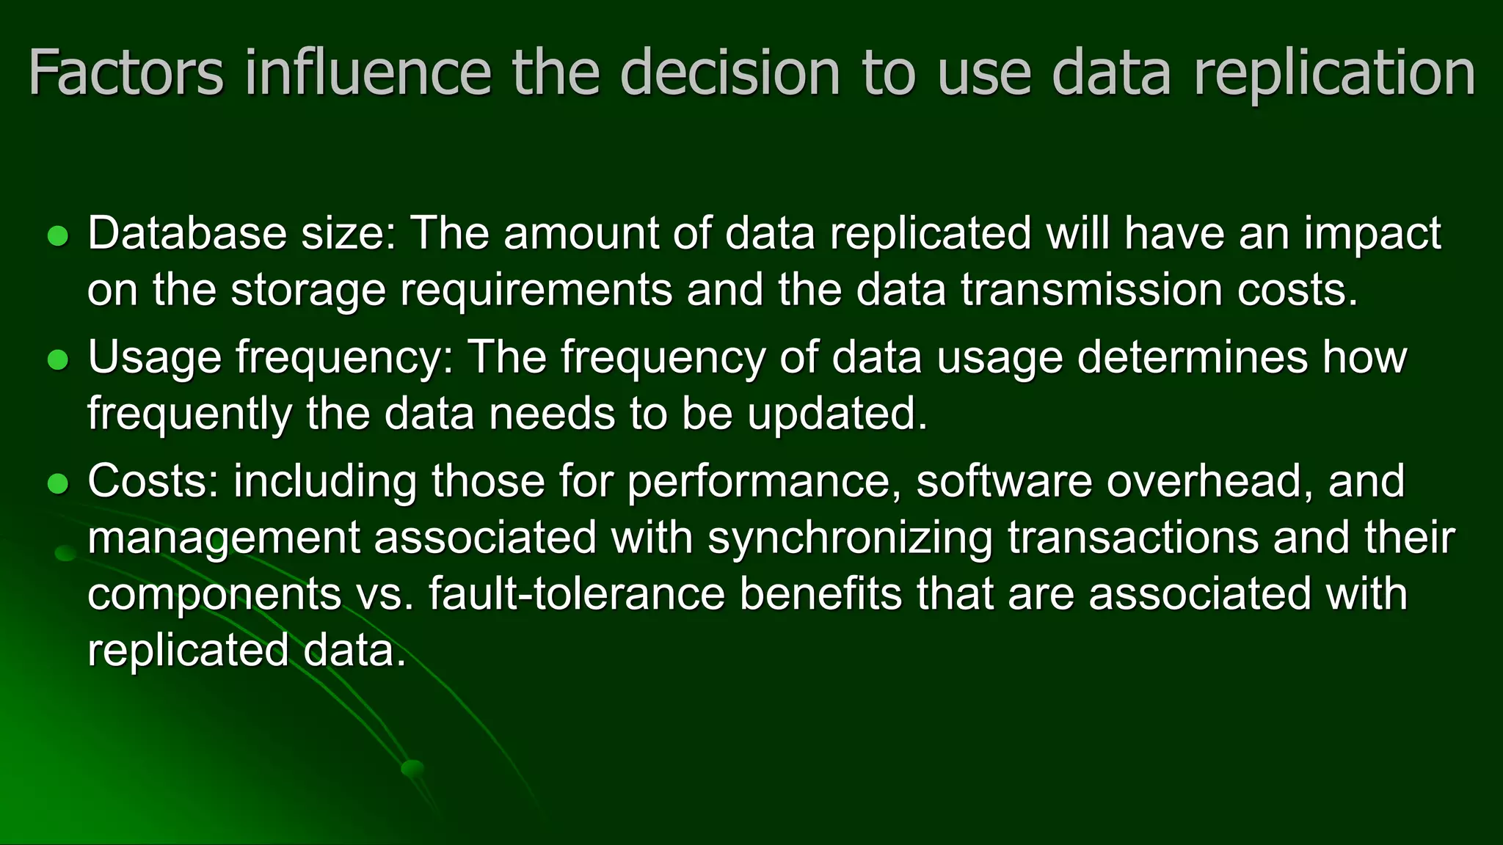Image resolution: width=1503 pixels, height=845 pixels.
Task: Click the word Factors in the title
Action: [125, 73]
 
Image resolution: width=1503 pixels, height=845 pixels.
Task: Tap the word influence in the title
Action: [368, 73]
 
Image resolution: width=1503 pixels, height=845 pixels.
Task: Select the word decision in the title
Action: [729, 73]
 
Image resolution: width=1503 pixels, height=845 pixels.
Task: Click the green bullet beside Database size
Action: [57, 236]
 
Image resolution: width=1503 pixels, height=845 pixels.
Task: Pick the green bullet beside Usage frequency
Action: [57, 359]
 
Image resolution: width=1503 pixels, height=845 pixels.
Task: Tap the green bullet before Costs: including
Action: [57, 483]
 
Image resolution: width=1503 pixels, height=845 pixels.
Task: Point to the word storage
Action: [308, 290]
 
